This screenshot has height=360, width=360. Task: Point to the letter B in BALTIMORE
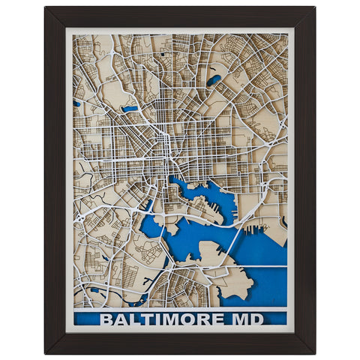[106, 319]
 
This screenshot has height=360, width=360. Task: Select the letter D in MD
[256, 319]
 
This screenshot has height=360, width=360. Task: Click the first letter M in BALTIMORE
[181, 319]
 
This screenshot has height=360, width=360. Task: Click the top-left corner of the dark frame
[46, 7]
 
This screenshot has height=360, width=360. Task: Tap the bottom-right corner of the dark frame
[314, 352]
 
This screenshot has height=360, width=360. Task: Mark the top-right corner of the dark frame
[314, 7]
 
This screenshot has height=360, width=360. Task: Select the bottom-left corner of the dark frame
[46, 352]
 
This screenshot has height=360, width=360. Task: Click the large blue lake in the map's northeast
[214, 79]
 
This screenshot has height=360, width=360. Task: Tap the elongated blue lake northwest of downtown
[130, 109]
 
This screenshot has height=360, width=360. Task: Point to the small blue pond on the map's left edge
[77, 103]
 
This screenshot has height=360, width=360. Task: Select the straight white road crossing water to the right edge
[262, 265]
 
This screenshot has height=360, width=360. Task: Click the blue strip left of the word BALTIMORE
[86, 319]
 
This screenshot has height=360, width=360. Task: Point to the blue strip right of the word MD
[275, 319]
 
